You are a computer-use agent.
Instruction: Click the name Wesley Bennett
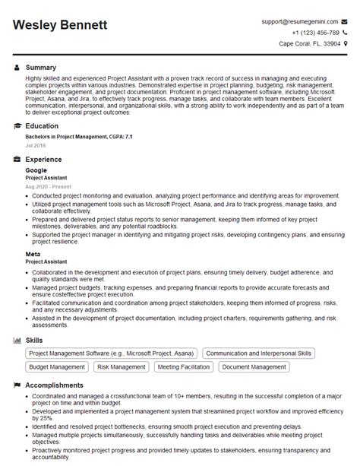click(x=60, y=26)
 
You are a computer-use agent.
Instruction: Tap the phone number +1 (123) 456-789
click(x=311, y=33)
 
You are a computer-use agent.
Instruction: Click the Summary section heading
click(x=41, y=68)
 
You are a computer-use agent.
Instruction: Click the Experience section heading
click(x=44, y=160)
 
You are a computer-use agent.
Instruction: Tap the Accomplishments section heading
click(x=54, y=385)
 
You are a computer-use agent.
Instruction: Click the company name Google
click(x=36, y=170)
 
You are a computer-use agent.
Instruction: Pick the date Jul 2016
click(x=35, y=144)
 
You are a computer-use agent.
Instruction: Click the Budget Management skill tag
click(x=57, y=366)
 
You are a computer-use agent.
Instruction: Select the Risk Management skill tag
click(x=121, y=366)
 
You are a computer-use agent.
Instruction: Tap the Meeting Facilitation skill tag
click(x=183, y=366)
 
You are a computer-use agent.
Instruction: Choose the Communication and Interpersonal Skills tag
click(x=259, y=353)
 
